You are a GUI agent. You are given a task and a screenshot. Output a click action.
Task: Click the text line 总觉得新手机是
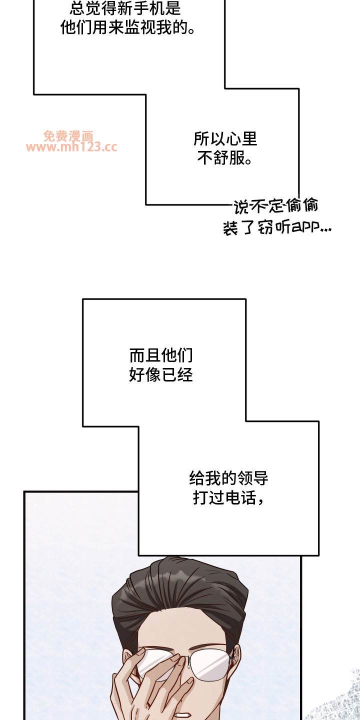coord(125,8)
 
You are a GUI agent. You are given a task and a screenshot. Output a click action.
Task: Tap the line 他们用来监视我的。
coord(128,27)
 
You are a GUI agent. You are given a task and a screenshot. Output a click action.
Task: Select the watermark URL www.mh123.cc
coord(71,147)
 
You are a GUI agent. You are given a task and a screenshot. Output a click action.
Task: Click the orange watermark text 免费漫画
coord(68,136)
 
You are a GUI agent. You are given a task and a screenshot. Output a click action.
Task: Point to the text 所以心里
coord(225,139)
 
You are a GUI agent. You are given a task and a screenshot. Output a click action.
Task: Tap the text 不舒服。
coord(224,158)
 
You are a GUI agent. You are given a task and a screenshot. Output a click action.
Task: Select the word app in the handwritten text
coord(304,227)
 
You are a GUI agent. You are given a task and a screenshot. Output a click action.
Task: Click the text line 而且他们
coord(161,355)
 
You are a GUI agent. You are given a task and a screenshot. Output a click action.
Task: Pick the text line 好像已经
coord(161,375)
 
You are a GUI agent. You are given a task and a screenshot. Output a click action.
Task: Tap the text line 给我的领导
coord(228,478)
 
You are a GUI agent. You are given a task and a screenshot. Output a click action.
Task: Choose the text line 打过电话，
coord(228,497)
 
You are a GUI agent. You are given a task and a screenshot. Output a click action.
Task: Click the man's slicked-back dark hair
coord(180,591)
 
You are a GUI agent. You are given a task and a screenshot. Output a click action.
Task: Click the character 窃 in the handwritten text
coord(265,227)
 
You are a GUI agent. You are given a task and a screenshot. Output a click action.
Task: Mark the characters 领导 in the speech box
coord(252,478)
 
